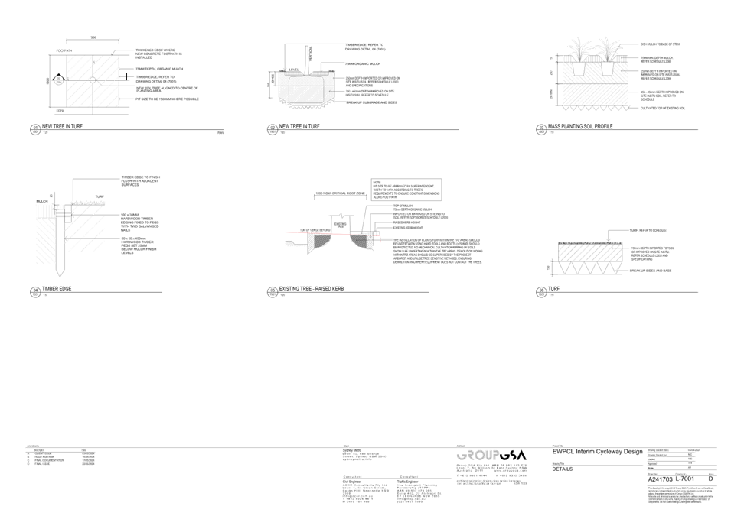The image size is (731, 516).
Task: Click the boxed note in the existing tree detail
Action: click(x=406, y=189)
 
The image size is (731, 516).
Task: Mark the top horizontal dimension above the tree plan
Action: click(x=92, y=37)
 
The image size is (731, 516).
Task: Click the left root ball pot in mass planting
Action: click(x=581, y=67)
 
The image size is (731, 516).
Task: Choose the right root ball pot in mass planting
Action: click(x=609, y=67)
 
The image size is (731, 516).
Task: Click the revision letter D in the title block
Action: click(x=711, y=477)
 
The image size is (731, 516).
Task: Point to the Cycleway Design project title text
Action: click(x=597, y=453)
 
